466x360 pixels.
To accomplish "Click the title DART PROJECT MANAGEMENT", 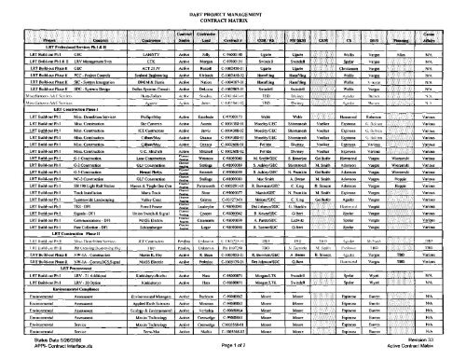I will (231, 12).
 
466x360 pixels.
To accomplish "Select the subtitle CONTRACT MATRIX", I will (231, 20).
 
